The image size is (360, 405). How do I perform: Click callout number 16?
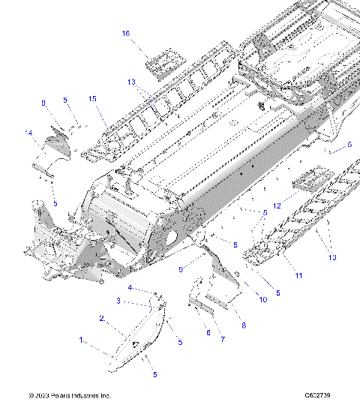click(x=126, y=34)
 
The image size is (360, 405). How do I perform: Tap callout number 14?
click(x=29, y=133)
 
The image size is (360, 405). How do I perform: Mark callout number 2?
click(x=102, y=318)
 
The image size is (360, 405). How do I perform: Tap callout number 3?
click(x=118, y=301)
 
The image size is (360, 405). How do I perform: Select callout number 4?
click(x=130, y=287)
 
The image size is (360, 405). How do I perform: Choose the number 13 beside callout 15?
click(x=131, y=82)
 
